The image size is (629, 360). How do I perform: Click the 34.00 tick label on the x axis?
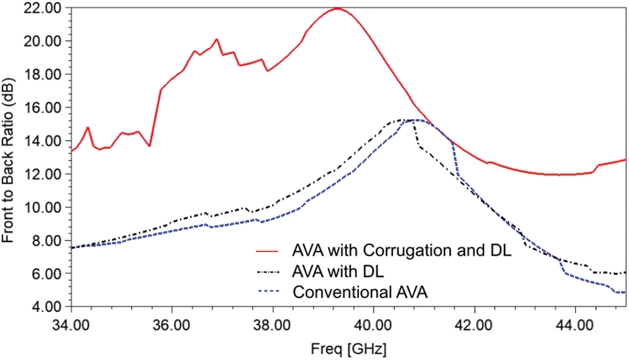pos(70,325)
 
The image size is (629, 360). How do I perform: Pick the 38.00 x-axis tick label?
pos(272,325)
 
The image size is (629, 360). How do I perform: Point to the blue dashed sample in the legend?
pos(269,292)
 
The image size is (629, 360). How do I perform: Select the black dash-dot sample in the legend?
pos(269,272)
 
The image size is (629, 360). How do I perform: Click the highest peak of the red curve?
pos(337,9)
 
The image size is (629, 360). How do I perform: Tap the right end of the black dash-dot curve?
pos(624,272)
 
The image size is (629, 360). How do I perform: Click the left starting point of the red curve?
pos(71,151)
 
